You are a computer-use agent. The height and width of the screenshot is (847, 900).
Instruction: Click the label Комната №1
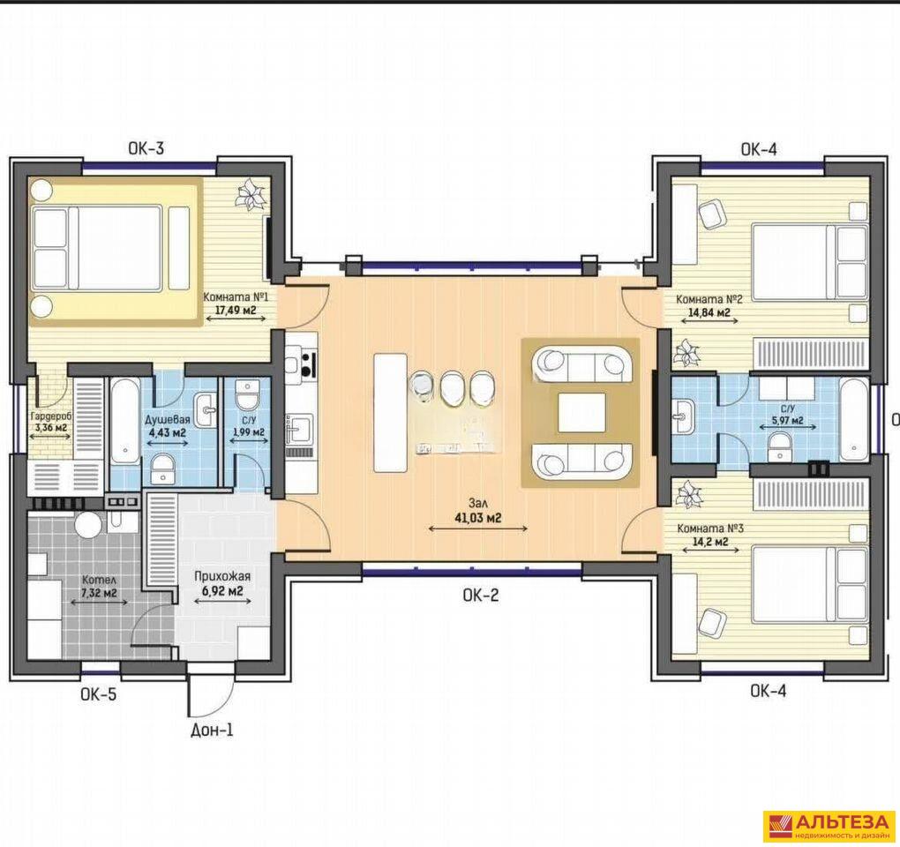click(x=236, y=298)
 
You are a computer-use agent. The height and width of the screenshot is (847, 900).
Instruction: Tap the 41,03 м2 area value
click(x=477, y=518)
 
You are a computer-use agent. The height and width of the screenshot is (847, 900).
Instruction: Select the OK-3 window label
click(x=146, y=148)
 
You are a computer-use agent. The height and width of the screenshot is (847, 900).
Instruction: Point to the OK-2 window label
click(x=481, y=596)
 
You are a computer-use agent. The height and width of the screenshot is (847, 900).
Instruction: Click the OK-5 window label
click(x=98, y=694)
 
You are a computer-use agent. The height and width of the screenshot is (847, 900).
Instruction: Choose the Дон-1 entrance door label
click(x=212, y=731)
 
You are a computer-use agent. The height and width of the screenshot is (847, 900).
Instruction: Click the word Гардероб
click(x=49, y=417)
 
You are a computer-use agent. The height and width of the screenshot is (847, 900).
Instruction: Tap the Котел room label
click(x=94, y=580)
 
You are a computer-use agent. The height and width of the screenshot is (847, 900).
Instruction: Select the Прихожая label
click(x=222, y=576)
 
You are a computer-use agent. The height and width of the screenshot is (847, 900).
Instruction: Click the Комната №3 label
click(x=710, y=528)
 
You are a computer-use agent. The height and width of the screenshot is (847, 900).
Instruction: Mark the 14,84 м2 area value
click(x=709, y=312)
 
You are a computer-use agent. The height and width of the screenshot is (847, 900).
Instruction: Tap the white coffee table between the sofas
click(x=581, y=412)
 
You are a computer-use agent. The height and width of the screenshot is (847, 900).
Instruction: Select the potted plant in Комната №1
click(x=251, y=194)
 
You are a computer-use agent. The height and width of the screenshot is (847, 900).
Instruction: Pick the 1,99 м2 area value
click(x=248, y=431)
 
